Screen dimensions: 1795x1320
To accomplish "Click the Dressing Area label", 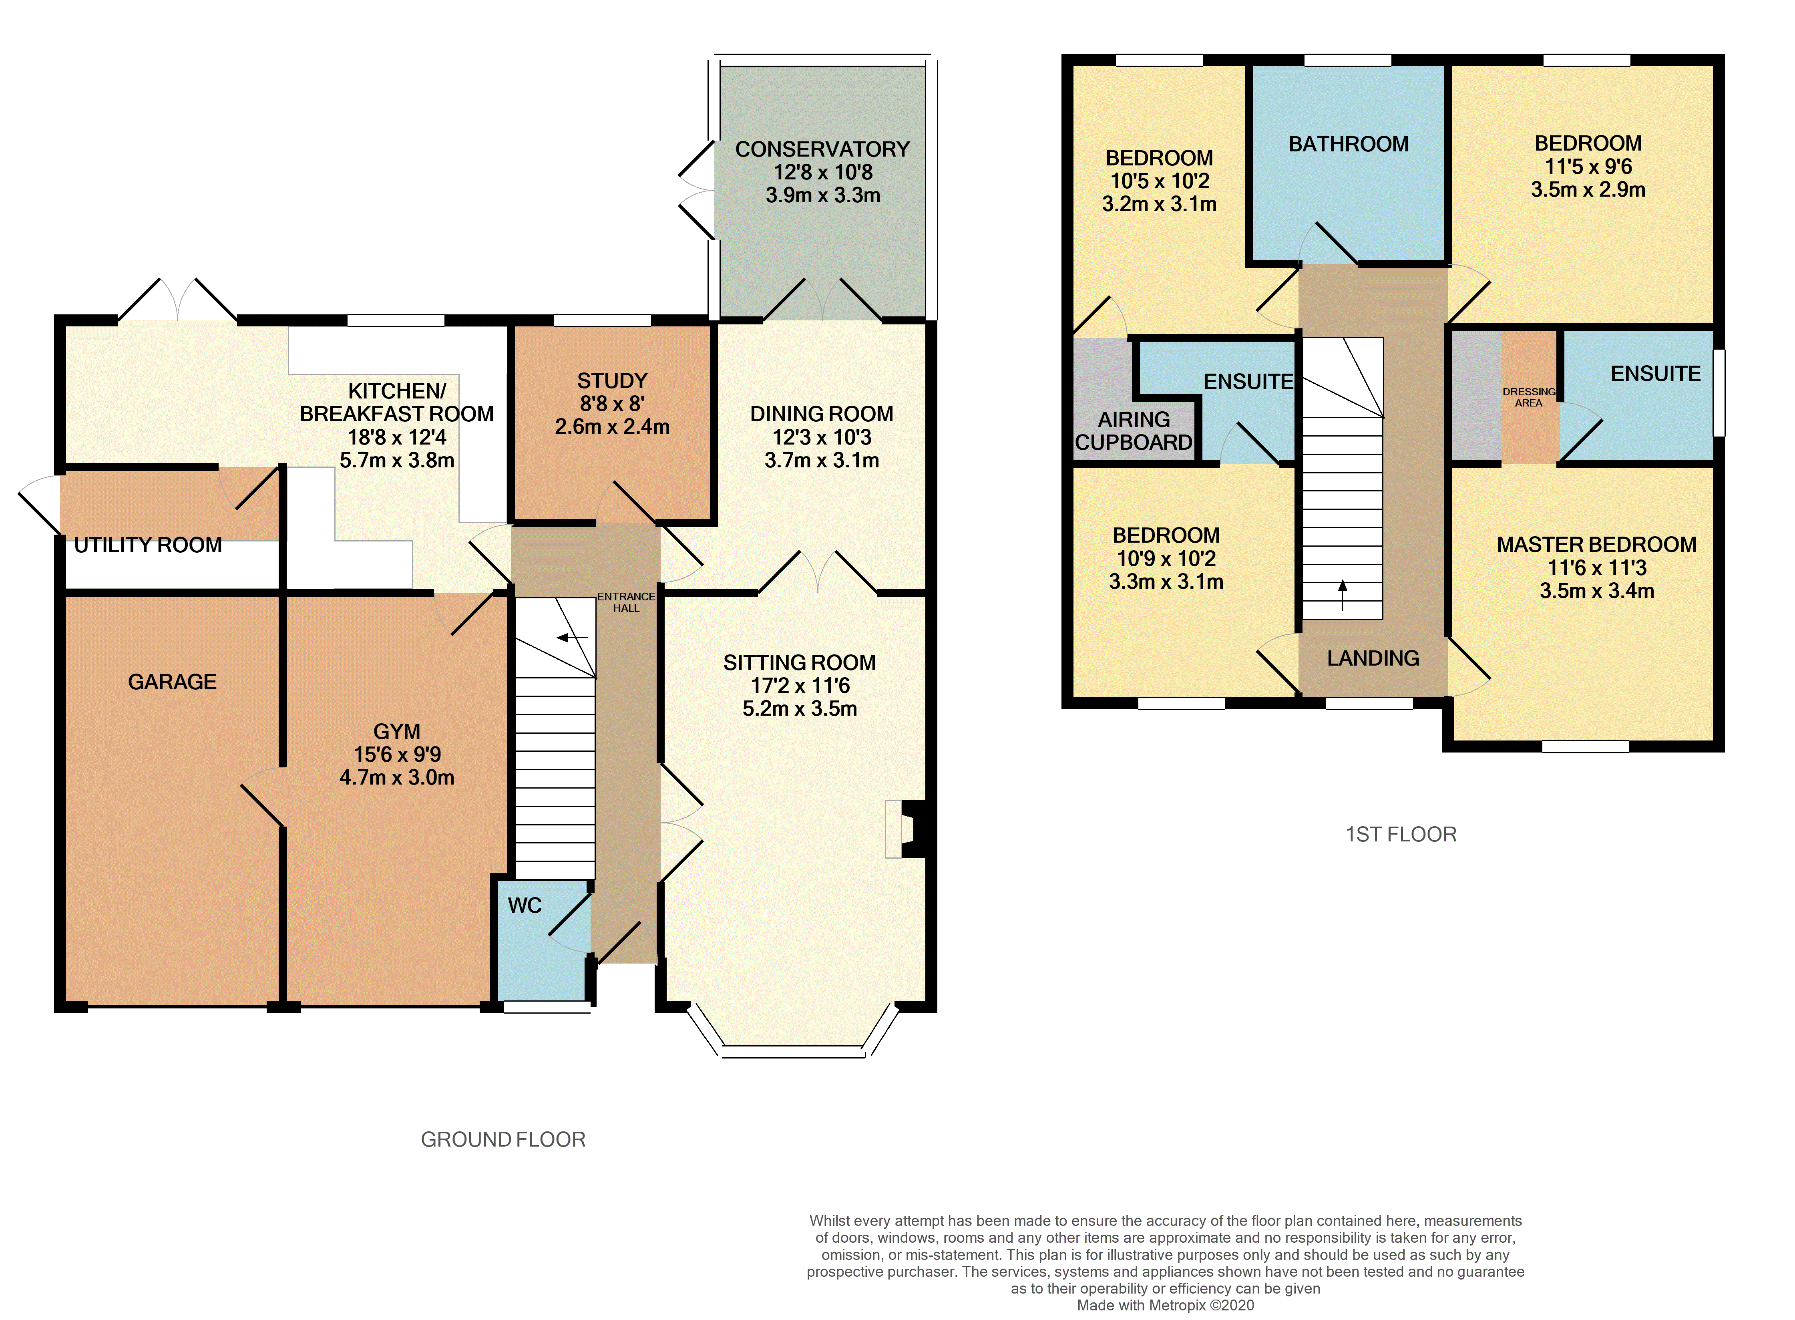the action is tap(1529, 397).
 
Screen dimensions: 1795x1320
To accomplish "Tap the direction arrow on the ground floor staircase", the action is tap(572, 638).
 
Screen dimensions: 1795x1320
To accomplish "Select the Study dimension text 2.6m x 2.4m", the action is tap(612, 427).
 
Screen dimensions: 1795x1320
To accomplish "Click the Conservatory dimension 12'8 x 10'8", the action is tap(823, 172).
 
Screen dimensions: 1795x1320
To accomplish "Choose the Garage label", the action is tap(173, 682).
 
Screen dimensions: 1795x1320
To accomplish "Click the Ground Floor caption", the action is tap(503, 1139).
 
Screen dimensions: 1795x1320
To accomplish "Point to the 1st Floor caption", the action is tap(1401, 834).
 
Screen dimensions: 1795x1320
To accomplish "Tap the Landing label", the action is tap(1373, 658).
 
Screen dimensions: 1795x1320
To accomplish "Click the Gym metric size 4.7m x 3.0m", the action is tap(397, 777).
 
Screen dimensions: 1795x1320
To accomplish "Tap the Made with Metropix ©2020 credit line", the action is tap(1166, 1305).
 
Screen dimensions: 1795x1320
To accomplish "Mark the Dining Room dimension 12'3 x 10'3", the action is tap(822, 437).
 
